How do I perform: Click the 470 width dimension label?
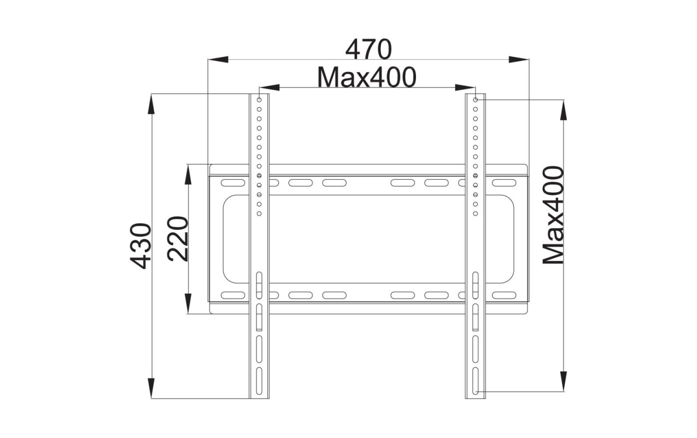[x=368, y=50]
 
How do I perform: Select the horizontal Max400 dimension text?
[x=367, y=77]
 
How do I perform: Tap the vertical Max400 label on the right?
[x=553, y=215]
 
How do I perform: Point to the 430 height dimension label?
[x=141, y=246]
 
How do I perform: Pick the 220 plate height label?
[x=178, y=239]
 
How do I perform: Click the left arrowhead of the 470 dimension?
[x=218, y=59]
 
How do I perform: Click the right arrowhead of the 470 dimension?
[x=519, y=59]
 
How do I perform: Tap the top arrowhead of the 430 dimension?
[x=151, y=104]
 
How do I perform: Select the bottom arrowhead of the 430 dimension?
[x=151, y=388]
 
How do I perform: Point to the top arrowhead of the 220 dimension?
[x=188, y=175]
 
